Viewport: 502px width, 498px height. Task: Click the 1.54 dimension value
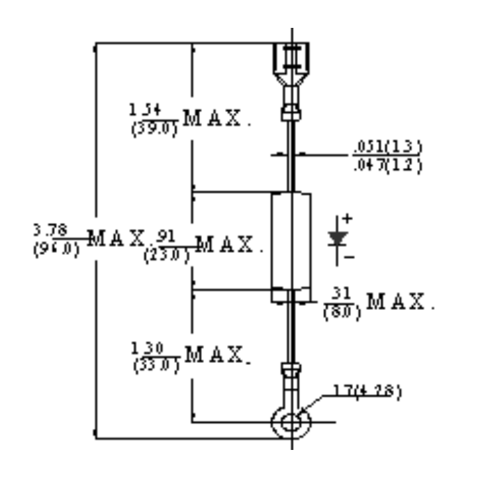pyautogui.click(x=146, y=109)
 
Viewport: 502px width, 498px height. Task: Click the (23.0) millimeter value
pyautogui.click(x=166, y=255)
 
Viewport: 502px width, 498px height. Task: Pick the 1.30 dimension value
pyautogui.click(x=146, y=346)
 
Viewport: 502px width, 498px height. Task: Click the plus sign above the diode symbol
pyautogui.click(x=347, y=219)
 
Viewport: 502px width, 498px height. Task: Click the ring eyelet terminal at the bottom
pyautogui.click(x=292, y=421)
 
